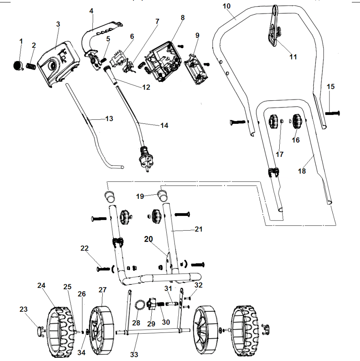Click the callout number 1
21,41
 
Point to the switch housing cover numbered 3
59,61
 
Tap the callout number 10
227,6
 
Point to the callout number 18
302,171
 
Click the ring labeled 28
139,304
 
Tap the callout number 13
109,119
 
